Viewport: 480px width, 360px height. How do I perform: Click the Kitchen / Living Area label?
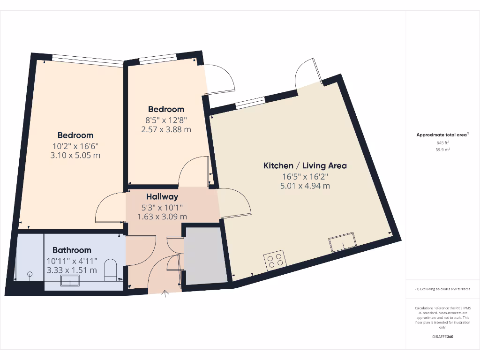305,165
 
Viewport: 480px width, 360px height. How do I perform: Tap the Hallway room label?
162,196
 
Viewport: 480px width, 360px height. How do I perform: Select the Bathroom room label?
72,250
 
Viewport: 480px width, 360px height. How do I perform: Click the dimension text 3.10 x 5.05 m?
75,155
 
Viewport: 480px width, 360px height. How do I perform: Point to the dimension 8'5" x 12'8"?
166,120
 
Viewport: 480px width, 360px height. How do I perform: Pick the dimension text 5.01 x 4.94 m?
305,186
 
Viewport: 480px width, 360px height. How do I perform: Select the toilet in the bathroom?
111,270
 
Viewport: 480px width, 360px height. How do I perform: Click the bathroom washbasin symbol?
70,280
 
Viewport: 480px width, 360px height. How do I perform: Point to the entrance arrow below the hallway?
165,294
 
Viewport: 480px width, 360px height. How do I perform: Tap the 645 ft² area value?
442,142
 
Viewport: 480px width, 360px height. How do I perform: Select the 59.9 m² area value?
442,150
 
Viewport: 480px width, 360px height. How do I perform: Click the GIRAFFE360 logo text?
442,337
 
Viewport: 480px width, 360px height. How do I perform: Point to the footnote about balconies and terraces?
442,289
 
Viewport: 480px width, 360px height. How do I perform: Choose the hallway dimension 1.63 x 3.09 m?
162,216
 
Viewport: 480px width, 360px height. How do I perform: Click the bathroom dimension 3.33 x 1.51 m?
72,270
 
